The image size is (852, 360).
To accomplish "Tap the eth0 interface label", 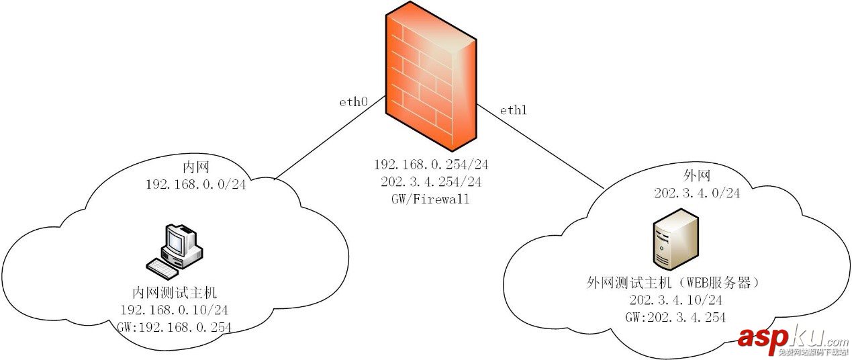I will point(354,103).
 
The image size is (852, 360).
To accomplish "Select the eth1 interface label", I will point(513,110).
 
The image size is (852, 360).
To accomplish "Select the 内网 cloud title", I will point(196,166).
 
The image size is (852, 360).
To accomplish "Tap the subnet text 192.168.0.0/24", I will point(196,183).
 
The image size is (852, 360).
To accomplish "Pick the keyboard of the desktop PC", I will point(163,268).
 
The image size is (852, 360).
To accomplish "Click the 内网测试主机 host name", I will point(174,293).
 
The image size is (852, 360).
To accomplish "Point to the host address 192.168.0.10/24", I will point(174,310).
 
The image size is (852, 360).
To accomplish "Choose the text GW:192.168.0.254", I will point(174,328).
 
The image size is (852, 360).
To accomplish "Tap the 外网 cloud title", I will point(697,175).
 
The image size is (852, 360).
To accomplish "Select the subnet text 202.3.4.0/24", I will point(697,193).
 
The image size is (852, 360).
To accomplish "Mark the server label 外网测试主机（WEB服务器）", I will point(675,282).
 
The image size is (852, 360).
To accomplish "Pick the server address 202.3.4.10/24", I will point(675,300).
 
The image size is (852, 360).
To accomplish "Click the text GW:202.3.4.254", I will point(675,317).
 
